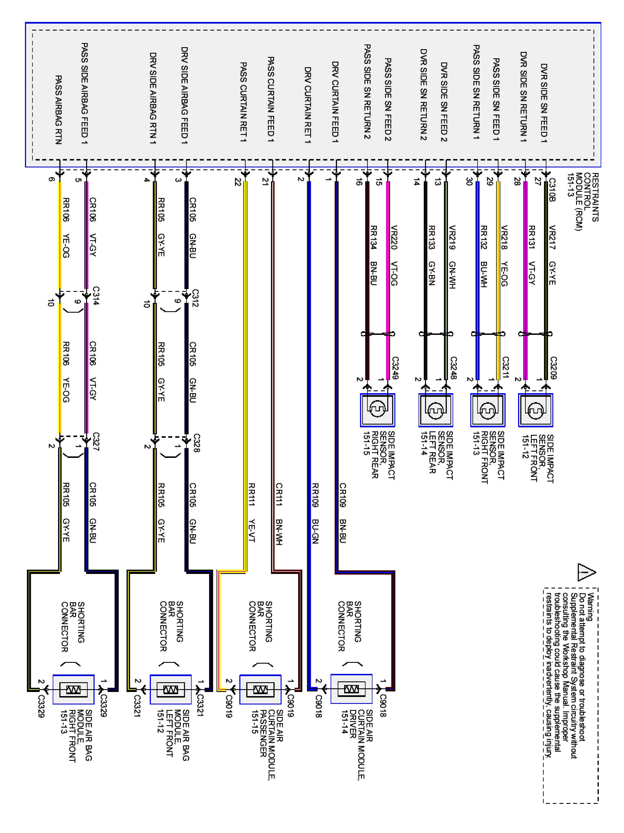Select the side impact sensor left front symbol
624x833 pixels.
[535, 410]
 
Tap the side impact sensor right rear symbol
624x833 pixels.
[377, 410]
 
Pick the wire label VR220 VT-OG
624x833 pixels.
[394, 255]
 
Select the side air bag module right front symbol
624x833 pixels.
[73, 689]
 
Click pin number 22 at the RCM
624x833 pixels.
[238, 182]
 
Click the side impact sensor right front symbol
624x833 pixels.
[488, 410]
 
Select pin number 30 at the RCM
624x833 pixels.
[469, 182]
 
